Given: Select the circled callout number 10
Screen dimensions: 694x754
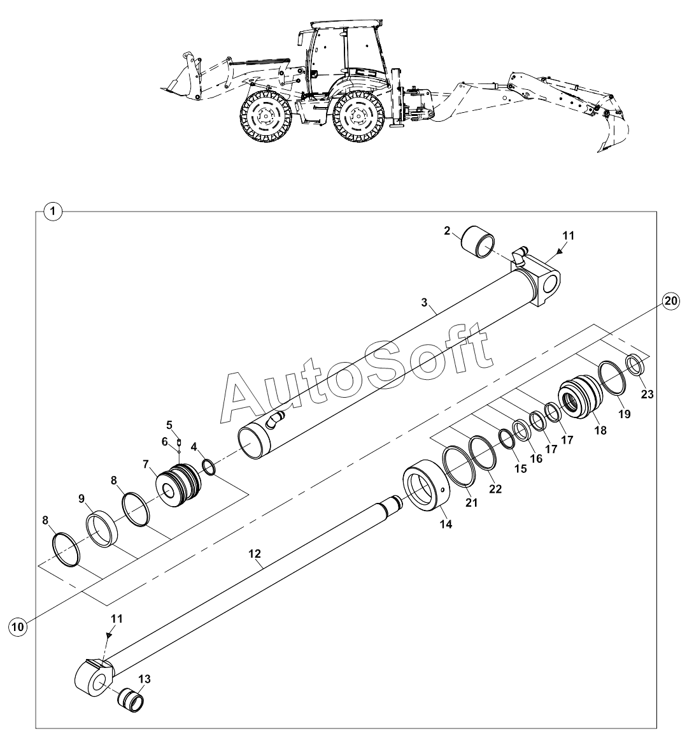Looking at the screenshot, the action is pyautogui.click(x=18, y=627).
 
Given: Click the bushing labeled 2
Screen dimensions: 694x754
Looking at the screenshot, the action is pyautogui.click(x=481, y=242).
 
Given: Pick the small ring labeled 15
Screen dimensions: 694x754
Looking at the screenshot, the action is pyautogui.click(x=507, y=439).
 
